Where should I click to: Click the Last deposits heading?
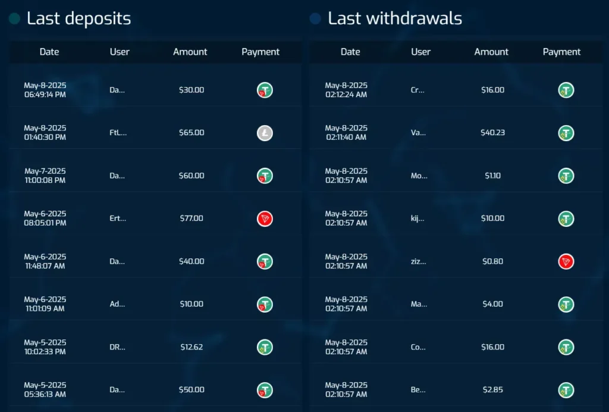pyautogui.click(x=79, y=18)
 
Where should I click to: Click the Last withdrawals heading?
pyautogui.click(x=394, y=18)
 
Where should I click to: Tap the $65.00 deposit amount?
pyautogui.click(x=191, y=133)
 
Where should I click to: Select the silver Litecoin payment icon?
pyautogui.click(x=265, y=133)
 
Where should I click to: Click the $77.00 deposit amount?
pyautogui.click(x=191, y=219)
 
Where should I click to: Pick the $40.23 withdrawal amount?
pyautogui.click(x=492, y=133)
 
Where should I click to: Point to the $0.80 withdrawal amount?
pyautogui.click(x=492, y=261)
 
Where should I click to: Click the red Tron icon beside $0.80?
pyautogui.click(x=566, y=261)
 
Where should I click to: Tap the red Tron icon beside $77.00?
pyautogui.click(x=265, y=219)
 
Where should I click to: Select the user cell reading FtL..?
pyautogui.click(x=118, y=133)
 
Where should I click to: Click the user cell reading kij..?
pyautogui.click(x=417, y=219)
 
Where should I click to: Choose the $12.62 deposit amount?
pyautogui.click(x=191, y=347)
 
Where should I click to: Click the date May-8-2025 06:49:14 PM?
pyautogui.click(x=45, y=90)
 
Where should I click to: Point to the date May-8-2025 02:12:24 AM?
pyautogui.click(x=346, y=90)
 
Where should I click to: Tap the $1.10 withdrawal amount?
pyautogui.click(x=492, y=176)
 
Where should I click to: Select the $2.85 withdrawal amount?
pyautogui.click(x=492, y=390)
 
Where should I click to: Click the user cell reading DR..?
pyautogui.click(x=118, y=347)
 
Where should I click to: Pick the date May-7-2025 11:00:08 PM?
pyautogui.click(x=45, y=176)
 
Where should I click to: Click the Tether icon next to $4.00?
pyautogui.click(x=566, y=304)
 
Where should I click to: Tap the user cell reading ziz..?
pyautogui.click(x=417, y=261)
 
